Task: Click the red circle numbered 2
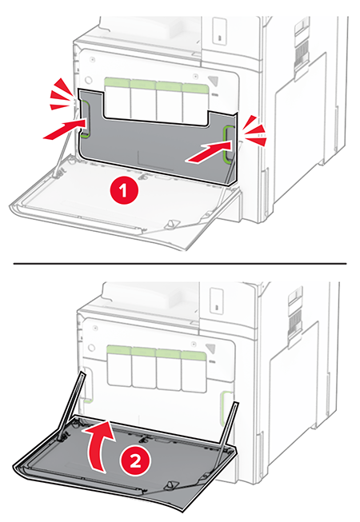tap(135, 462)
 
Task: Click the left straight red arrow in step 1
tap(64, 130)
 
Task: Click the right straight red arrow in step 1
tap(208, 151)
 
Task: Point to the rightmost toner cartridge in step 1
tap(195, 104)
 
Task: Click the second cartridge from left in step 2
tap(144, 368)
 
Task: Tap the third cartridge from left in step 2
tap(169, 369)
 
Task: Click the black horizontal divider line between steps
tap(180, 263)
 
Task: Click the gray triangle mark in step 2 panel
tap(211, 349)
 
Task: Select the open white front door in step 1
tap(123, 200)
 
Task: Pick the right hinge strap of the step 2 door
tap(229, 427)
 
